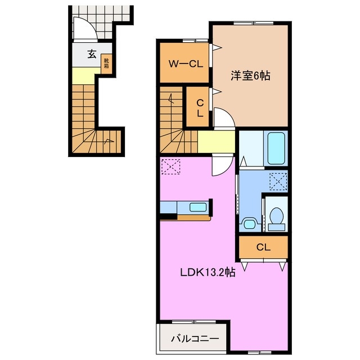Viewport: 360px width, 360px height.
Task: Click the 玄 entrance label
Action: pos(91,55)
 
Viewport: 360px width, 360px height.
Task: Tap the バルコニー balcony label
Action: pos(191,339)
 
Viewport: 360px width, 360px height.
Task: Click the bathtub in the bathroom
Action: pos(276,148)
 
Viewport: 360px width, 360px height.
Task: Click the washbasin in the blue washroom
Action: pos(249,223)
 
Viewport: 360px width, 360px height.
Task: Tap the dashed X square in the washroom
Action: pos(277,181)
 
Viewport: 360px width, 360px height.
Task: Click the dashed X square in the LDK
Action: pos(169,167)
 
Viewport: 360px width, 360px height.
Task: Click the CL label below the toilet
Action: pos(263,246)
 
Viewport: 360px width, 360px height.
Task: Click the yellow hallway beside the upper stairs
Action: pos(215,142)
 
